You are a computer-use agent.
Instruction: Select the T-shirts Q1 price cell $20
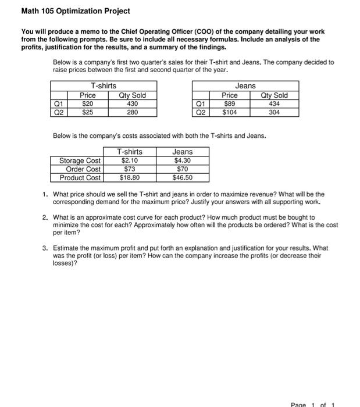(x=88, y=104)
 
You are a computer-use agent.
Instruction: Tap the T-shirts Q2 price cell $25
(x=88, y=112)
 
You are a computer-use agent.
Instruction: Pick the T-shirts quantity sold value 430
(x=132, y=104)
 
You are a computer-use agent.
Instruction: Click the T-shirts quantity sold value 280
(x=132, y=112)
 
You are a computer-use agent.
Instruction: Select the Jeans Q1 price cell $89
(x=230, y=104)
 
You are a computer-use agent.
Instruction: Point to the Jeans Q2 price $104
(x=230, y=112)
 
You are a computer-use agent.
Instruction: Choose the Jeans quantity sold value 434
(x=274, y=104)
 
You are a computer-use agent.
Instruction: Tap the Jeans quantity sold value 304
(x=274, y=112)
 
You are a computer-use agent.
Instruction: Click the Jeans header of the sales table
(x=245, y=86)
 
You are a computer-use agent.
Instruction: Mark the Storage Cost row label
(x=80, y=160)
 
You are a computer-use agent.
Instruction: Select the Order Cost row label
(x=83, y=169)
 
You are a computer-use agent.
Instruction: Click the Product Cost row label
(x=80, y=178)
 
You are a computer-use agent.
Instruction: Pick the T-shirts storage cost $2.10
(x=129, y=160)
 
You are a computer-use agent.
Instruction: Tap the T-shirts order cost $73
(x=129, y=169)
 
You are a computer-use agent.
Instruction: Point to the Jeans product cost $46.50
(x=182, y=178)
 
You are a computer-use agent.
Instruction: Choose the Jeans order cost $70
(x=182, y=169)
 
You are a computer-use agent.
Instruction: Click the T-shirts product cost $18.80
(x=129, y=178)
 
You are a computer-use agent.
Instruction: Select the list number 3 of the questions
(x=45, y=248)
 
